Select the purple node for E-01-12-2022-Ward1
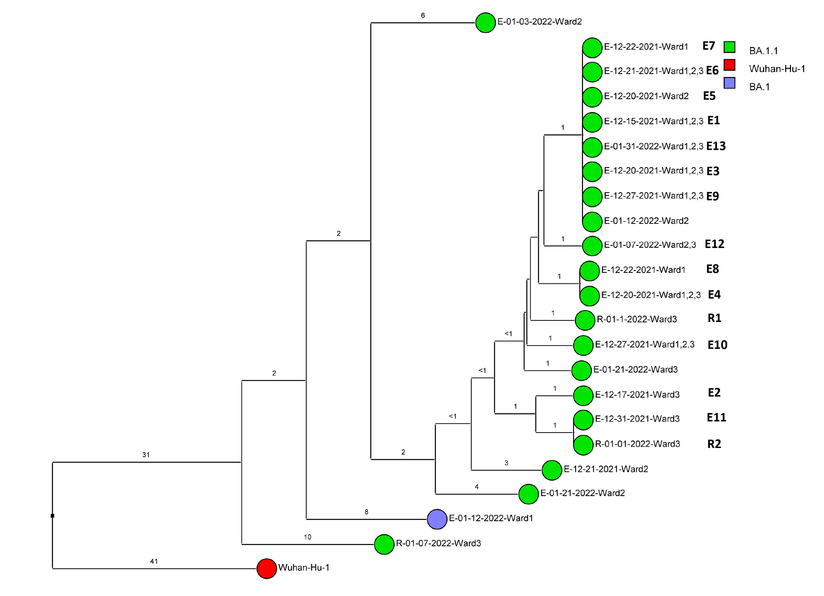point(437,519)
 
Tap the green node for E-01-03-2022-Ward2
point(485,23)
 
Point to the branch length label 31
point(146,455)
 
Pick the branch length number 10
point(307,537)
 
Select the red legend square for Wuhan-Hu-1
point(729,65)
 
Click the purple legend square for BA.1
point(729,83)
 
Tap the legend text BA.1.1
point(763,51)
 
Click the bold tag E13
point(716,146)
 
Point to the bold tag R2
point(714,444)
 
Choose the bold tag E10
point(717,345)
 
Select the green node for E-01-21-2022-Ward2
point(528,494)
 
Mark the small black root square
point(52,516)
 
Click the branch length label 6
point(423,15)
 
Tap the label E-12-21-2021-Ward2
point(606,469)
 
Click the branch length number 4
point(476,487)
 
